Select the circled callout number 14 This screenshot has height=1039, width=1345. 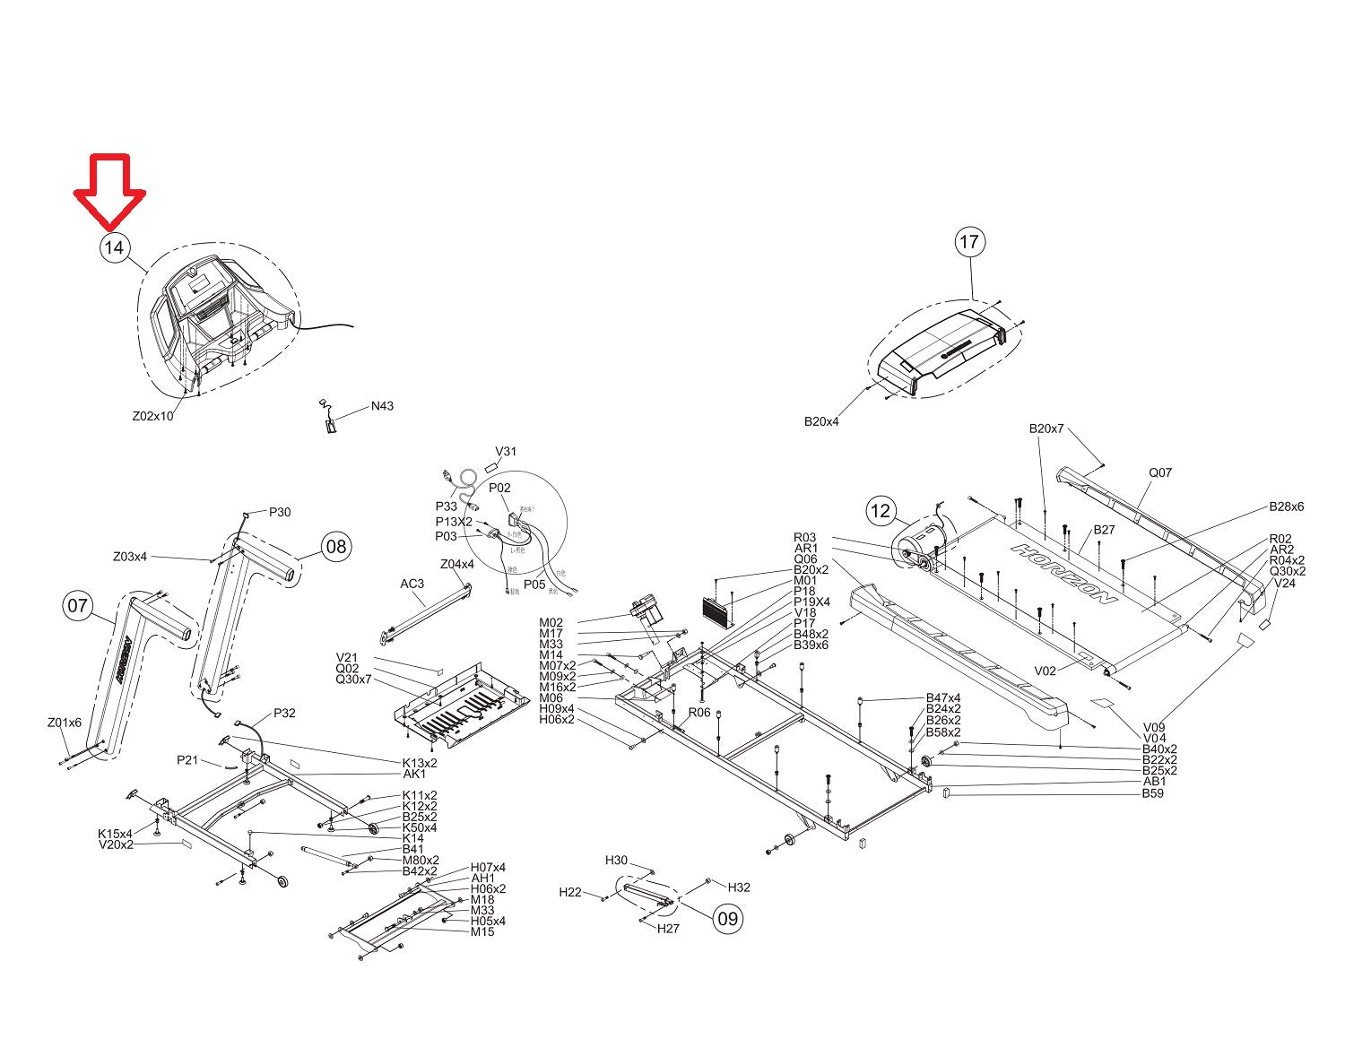pyautogui.click(x=114, y=247)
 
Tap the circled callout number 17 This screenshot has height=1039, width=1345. pyautogui.click(x=969, y=242)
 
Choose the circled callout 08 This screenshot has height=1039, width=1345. pyautogui.click(x=335, y=546)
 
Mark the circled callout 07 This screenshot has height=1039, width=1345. pyautogui.click(x=78, y=606)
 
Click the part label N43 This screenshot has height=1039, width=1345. pyautogui.click(x=382, y=406)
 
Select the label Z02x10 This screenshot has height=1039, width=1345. pyautogui.click(x=152, y=416)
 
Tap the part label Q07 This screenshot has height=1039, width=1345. pyautogui.click(x=1160, y=472)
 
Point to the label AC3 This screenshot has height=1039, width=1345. pyautogui.click(x=412, y=584)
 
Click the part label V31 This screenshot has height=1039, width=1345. pyautogui.click(x=506, y=452)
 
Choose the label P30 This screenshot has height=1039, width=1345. pyautogui.click(x=280, y=512)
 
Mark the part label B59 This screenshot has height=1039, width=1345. pyautogui.click(x=1152, y=793)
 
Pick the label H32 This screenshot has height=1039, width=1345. pyautogui.click(x=739, y=887)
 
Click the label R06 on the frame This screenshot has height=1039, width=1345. pyautogui.click(x=699, y=713)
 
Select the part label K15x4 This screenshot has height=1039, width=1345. pyautogui.click(x=115, y=834)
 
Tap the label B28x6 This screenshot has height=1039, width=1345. pyautogui.click(x=1286, y=507)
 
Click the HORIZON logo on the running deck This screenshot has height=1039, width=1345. pyautogui.click(x=1065, y=573)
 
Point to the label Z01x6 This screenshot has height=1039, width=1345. pyautogui.click(x=64, y=723)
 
